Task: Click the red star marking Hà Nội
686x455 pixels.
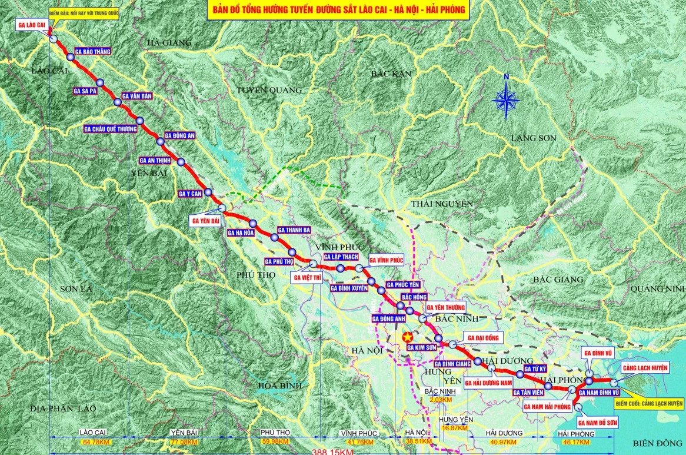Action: coord(405,337)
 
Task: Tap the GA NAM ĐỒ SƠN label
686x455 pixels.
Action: coord(599,423)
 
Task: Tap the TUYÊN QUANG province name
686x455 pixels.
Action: coord(269,90)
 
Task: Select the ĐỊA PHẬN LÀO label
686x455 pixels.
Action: coord(64,408)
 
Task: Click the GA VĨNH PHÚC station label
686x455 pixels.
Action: coord(387,259)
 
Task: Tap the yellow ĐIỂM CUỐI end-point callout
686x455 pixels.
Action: coord(649,404)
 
